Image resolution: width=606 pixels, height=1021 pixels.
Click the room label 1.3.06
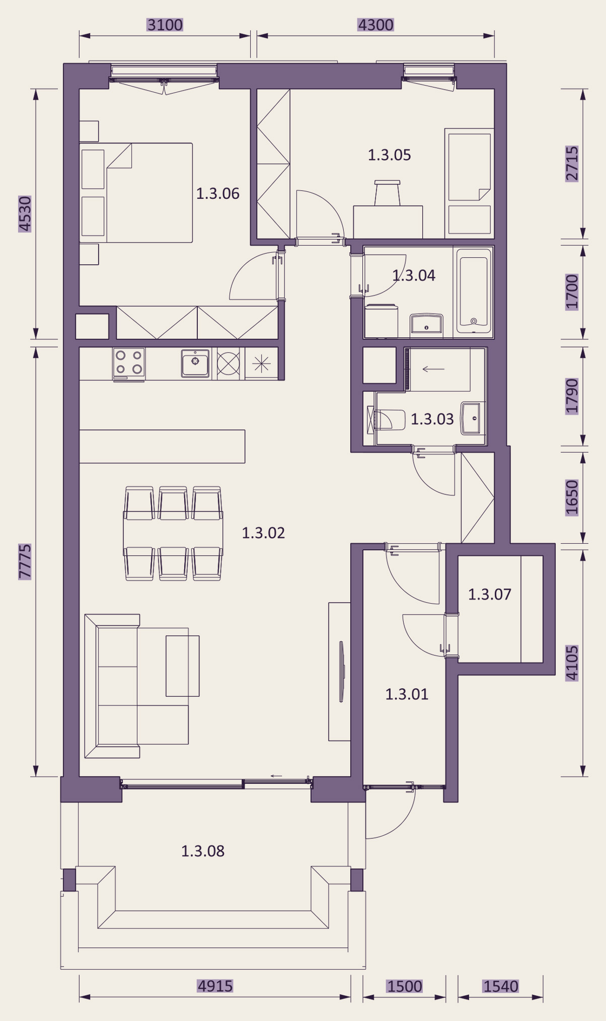(x=217, y=193)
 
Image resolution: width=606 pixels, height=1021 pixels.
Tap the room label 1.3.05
(x=389, y=155)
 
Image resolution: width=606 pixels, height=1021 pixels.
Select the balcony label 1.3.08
(x=202, y=851)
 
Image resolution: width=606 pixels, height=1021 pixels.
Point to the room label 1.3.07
(x=489, y=594)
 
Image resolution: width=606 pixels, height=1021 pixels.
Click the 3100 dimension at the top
(x=165, y=25)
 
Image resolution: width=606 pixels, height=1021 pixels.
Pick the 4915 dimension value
(x=215, y=986)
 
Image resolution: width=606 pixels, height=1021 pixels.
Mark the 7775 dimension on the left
(x=25, y=561)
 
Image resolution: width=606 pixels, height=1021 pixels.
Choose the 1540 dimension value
(x=500, y=986)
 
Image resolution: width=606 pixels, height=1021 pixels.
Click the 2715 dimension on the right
(x=572, y=164)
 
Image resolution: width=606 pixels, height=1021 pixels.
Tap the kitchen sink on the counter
(x=195, y=363)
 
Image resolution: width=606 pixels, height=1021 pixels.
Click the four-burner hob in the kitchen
(x=129, y=363)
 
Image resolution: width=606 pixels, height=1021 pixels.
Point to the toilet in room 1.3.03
(x=386, y=420)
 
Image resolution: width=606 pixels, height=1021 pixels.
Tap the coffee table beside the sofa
(x=183, y=666)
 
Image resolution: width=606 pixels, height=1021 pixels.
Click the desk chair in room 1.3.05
(x=387, y=193)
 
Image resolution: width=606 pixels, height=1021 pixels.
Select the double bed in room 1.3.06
(x=136, y=193)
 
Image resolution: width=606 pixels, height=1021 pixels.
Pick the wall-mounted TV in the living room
(x=341, y=672)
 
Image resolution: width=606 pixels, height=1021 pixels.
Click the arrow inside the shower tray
(x=433, y=369)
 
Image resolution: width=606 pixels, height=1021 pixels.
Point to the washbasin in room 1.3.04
(x=427, y=324)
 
